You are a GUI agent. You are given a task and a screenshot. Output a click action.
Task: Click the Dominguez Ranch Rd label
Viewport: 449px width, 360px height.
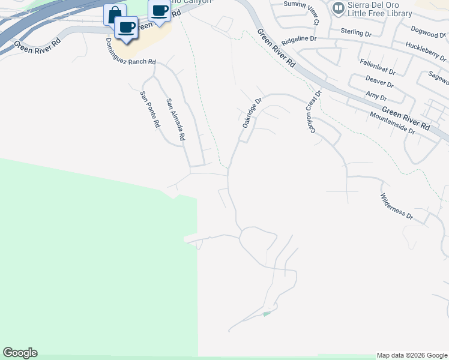(130, 53)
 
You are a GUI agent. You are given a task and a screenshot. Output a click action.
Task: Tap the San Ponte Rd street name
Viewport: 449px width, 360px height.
(149, 109)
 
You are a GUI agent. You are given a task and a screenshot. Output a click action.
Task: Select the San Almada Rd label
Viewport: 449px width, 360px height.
(175, 119)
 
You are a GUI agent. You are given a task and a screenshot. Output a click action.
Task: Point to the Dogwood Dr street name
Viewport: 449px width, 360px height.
(430, 31)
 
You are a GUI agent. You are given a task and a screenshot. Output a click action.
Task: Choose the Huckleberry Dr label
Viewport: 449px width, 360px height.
(426, 52)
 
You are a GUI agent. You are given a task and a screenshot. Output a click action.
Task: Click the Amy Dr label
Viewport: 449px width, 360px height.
(376, 95)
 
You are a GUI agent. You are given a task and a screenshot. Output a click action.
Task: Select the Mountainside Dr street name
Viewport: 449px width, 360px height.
(392, 122)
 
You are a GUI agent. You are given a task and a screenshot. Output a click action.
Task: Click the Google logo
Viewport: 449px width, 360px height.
(20, 353)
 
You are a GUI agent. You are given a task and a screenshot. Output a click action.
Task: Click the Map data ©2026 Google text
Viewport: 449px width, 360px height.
(412, 356)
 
